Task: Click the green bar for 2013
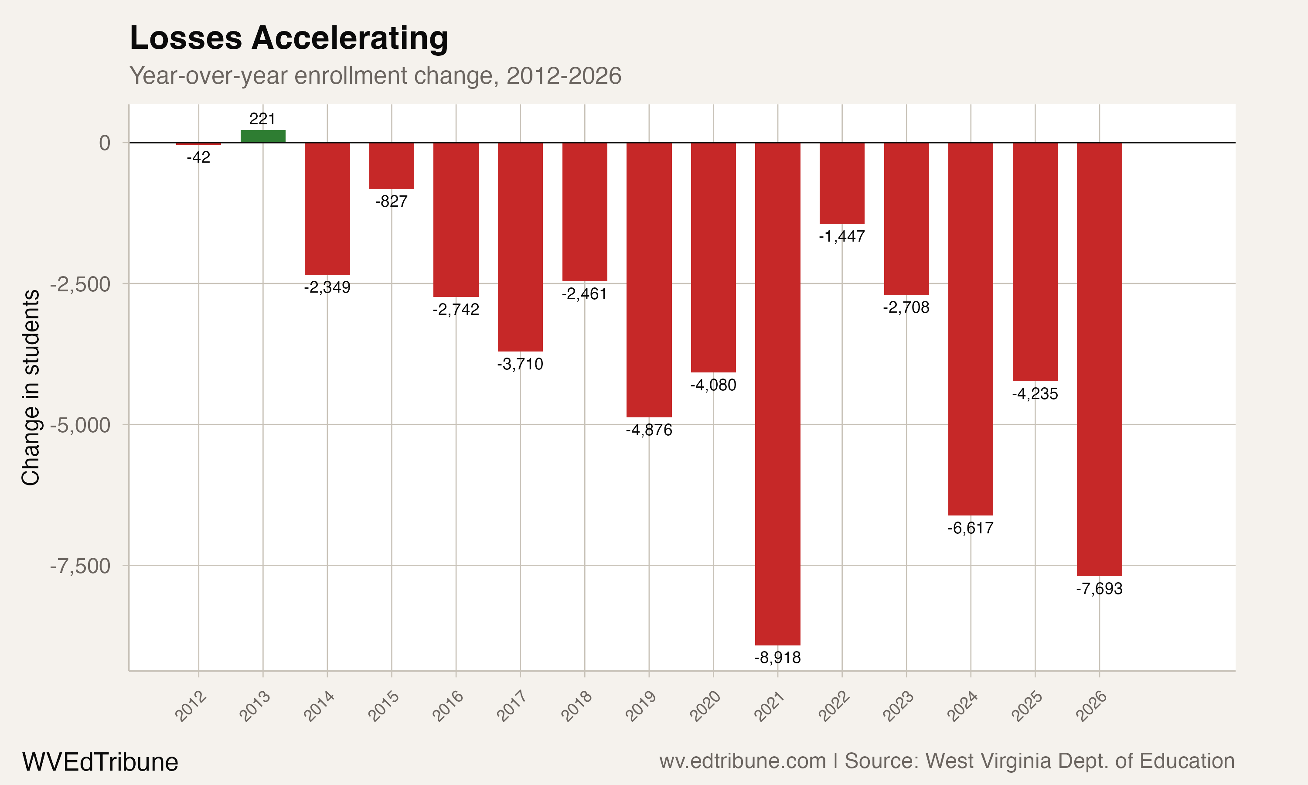263,137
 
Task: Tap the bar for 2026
1099,359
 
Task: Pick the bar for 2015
391,166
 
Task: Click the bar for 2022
841,183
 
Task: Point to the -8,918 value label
777,658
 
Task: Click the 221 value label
262,119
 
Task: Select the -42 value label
198,157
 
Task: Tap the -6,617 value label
970,528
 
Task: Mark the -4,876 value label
649,430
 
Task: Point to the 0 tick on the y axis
105,143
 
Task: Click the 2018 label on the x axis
576,706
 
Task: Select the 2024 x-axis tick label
962,706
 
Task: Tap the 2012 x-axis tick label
191,706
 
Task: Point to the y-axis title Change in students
31,387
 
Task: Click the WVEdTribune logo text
100,762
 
